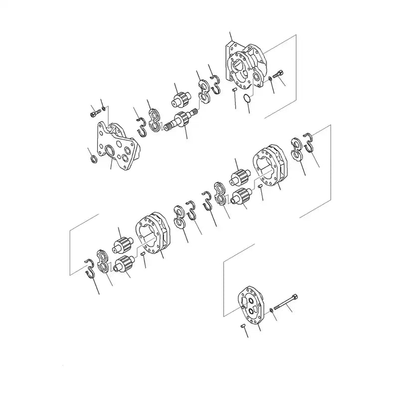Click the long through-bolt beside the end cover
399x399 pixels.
[286, 302]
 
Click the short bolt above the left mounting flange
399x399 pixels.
[94, 113]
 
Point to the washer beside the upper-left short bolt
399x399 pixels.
[103, 108]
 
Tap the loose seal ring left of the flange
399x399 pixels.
[92, 159]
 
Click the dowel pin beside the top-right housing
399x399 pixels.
[233, 89]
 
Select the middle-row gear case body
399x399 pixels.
[269, 168]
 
